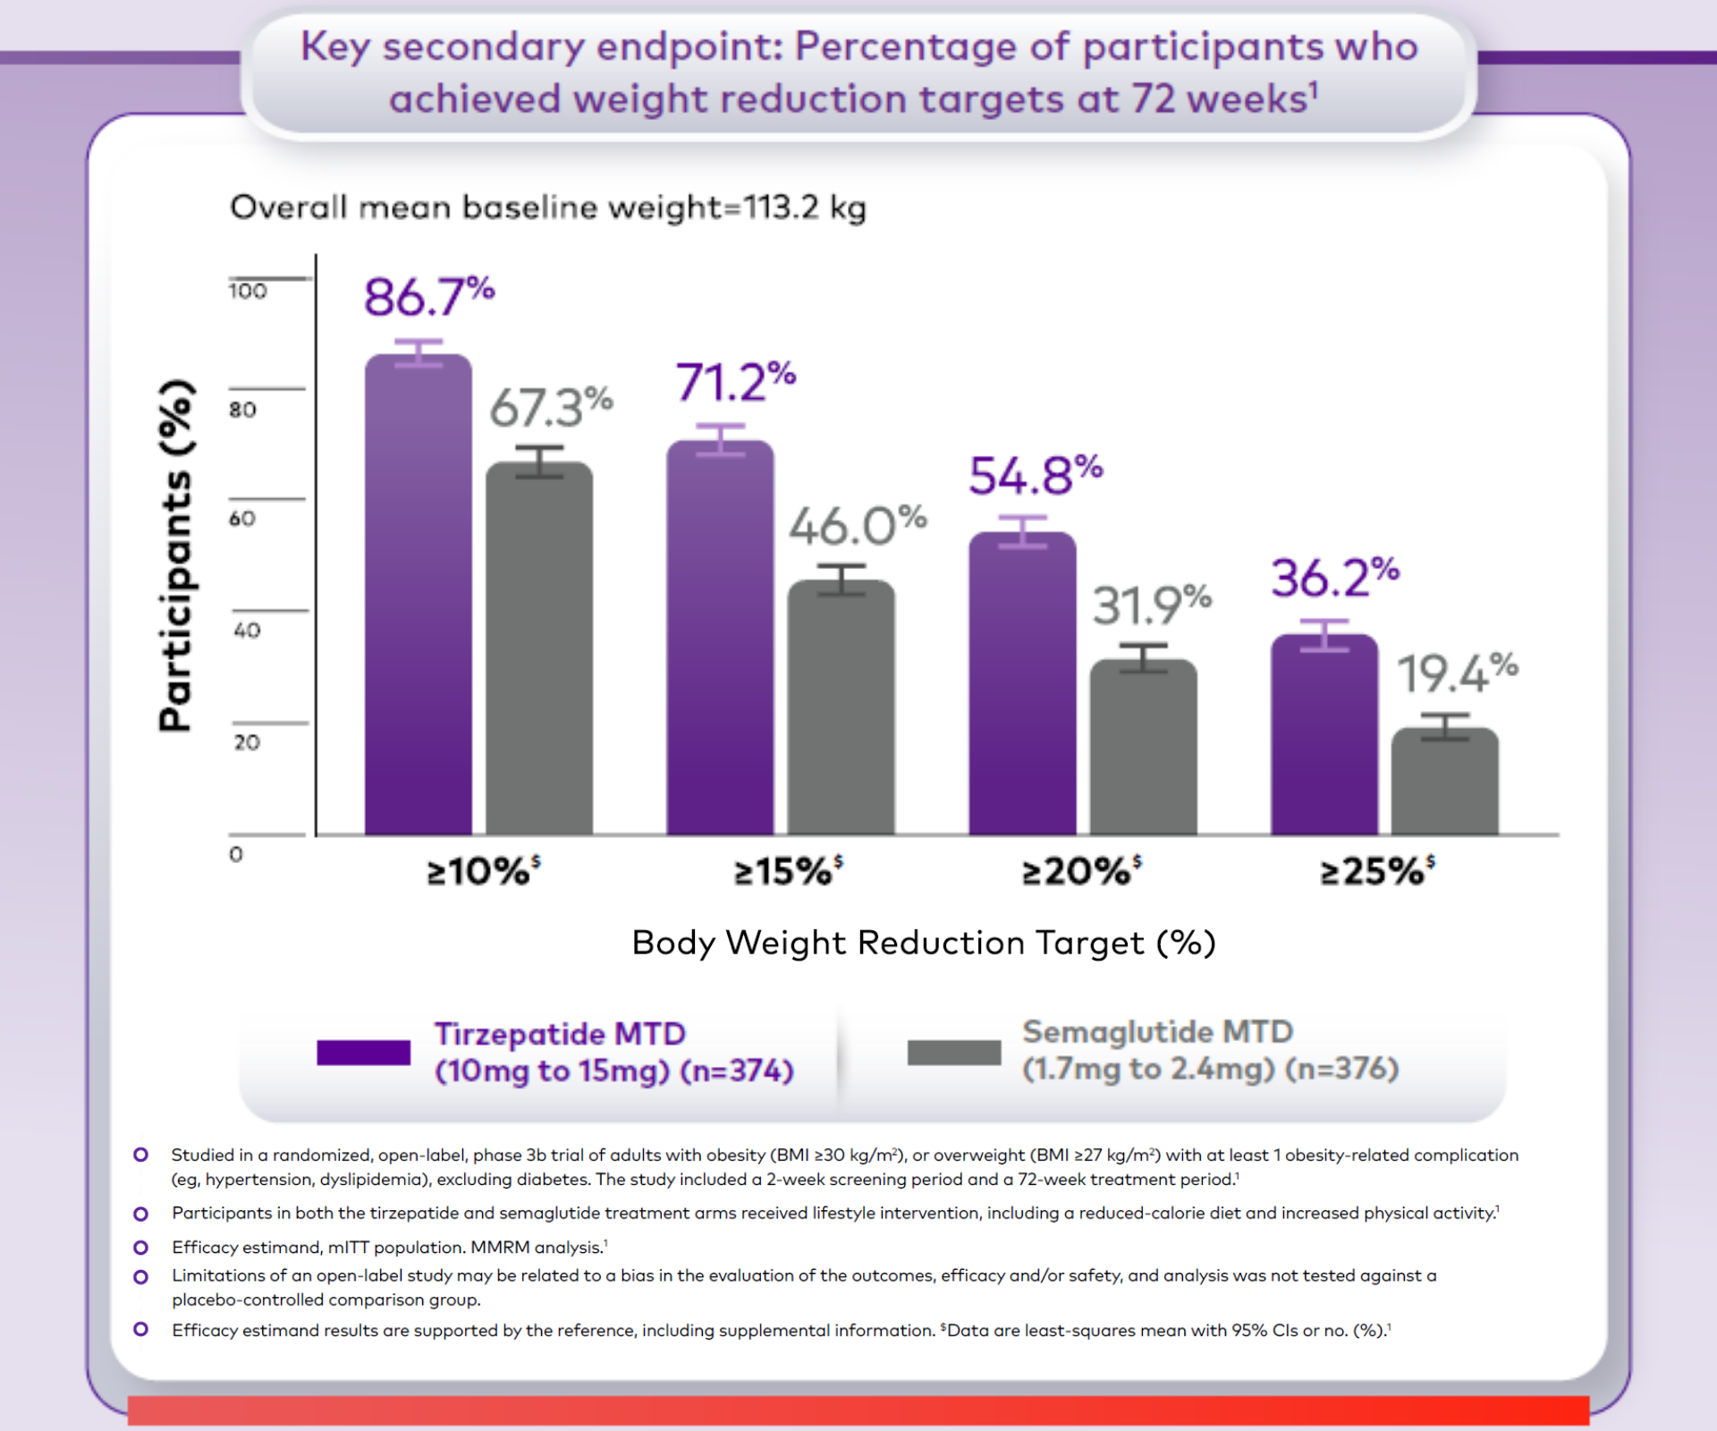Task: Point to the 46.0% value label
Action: coord(857,526)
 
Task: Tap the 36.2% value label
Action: coord(1334,578)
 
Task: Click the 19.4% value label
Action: coord(1457,673)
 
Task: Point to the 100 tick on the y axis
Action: coord(248,292)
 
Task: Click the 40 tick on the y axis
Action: coord(247,631)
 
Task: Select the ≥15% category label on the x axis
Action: coord(788,870)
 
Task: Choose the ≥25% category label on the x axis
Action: coord(1377,870)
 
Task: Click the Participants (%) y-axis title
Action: coord(176,555)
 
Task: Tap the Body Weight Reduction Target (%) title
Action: coord(923,943)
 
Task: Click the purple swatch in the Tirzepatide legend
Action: coord(363,1053)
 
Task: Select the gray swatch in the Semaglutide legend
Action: coord(953,1053)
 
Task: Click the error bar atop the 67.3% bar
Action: coord(539,461)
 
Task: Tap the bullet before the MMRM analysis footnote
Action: coord(140,1247)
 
